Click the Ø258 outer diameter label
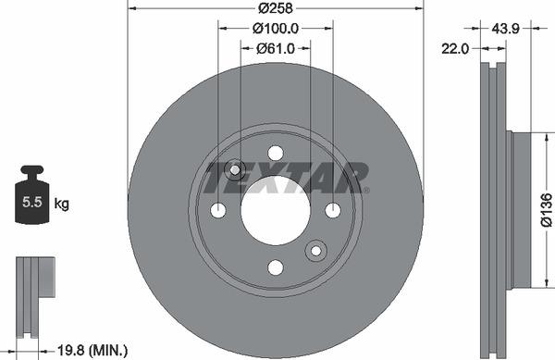point(276,8)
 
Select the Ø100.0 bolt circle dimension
point(275,28)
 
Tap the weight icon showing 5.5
point(32,196)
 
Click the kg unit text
point(62,203)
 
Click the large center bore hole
point(275,210)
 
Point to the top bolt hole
point(275,153)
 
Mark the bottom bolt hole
point(275,267)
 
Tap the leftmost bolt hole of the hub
point(218,210)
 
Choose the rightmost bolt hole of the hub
point(332,210)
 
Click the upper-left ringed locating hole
point(234,169)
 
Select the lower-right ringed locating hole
point(316,251)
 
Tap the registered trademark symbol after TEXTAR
point(366,191)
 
